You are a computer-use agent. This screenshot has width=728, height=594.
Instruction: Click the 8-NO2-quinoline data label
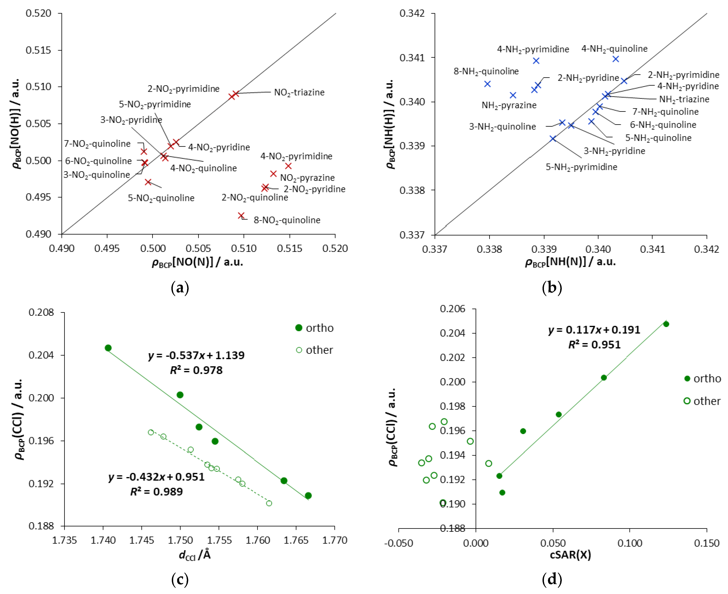pos(287,220)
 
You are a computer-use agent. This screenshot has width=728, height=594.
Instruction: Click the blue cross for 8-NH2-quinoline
pos(487,84)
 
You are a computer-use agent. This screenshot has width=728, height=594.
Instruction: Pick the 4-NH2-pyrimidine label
pos(533,49)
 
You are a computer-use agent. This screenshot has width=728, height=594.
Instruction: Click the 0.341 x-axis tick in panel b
pos(652,249)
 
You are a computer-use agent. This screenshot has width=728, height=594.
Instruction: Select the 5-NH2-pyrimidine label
pos(581,167)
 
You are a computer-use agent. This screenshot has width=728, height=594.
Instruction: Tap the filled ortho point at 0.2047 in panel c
pos(108,348)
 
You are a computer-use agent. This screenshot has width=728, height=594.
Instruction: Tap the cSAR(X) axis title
pos(570,555)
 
